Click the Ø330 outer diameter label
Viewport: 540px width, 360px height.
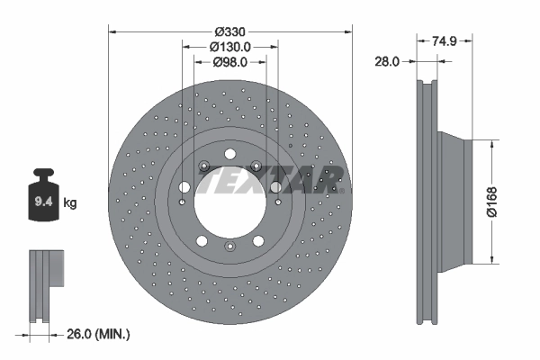(x=229, y=30)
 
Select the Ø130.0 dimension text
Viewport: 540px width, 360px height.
(x=229, y=46)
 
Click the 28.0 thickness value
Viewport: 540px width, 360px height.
(x=387, y=61)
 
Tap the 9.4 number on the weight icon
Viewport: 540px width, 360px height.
(x=42, y=203)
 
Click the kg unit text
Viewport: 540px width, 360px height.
(x=70, y=203)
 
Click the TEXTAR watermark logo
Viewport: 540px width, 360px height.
(x=270, y=181)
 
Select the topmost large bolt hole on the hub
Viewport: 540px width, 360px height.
(x=229, y=154)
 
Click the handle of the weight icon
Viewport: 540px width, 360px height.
(x=42, y=175)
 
